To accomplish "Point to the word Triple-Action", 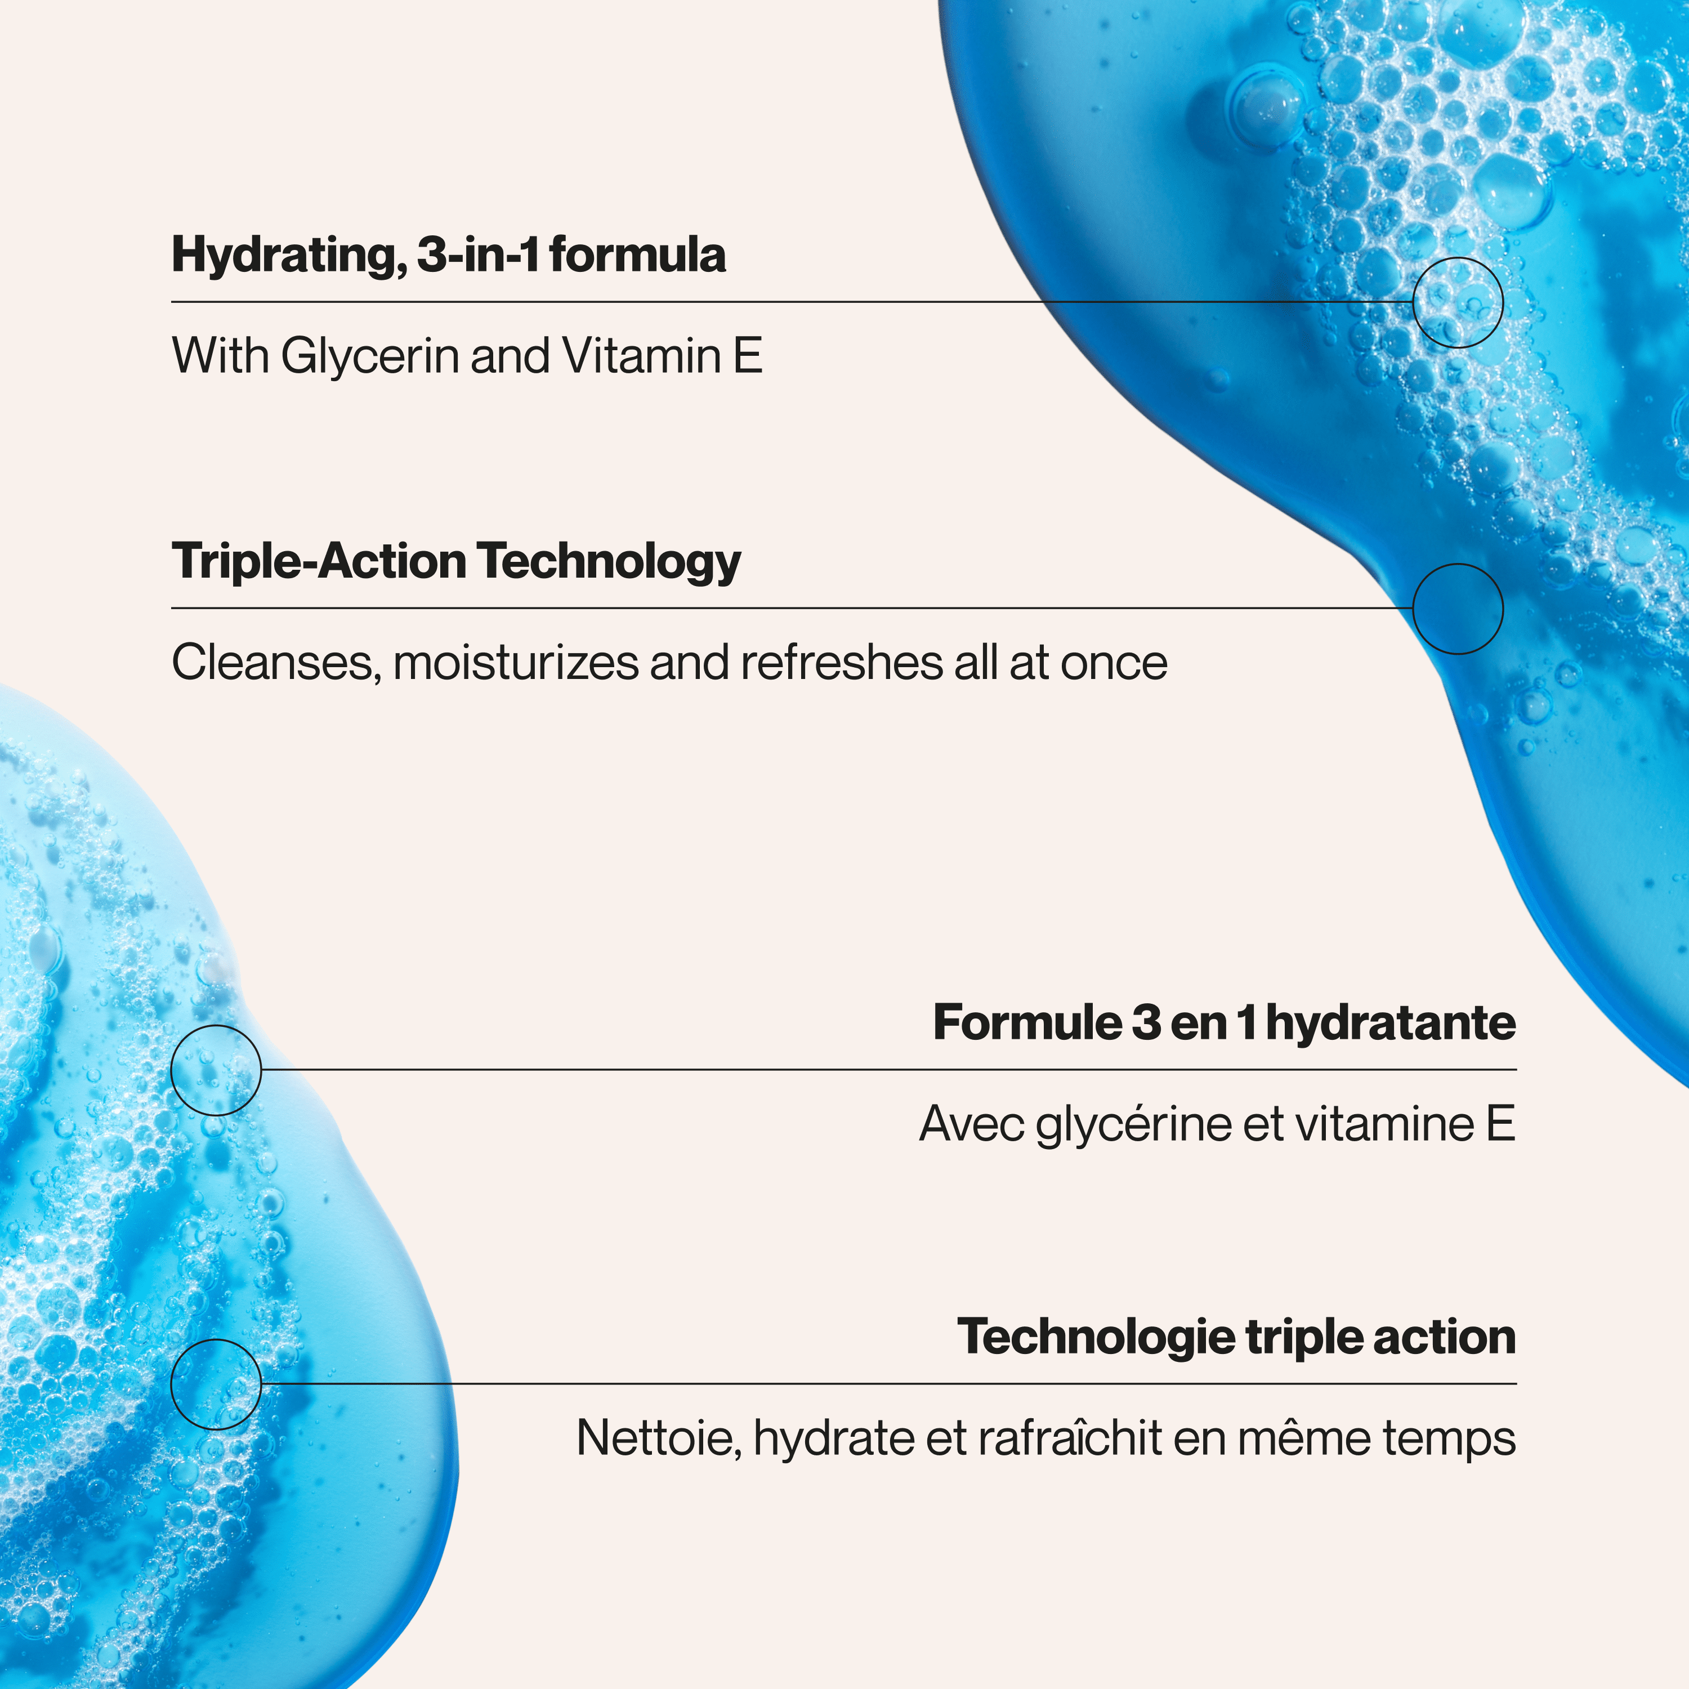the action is [x=319, y=561].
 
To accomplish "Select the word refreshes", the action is [x=841, y=663].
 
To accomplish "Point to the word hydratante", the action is [x=1391, y=1024].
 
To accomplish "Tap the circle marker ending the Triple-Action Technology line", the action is [x=1458, y=564].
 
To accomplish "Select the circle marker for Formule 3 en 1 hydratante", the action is [x=216, y=1026].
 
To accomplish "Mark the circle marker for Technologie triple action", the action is [x=216, y=1340].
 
